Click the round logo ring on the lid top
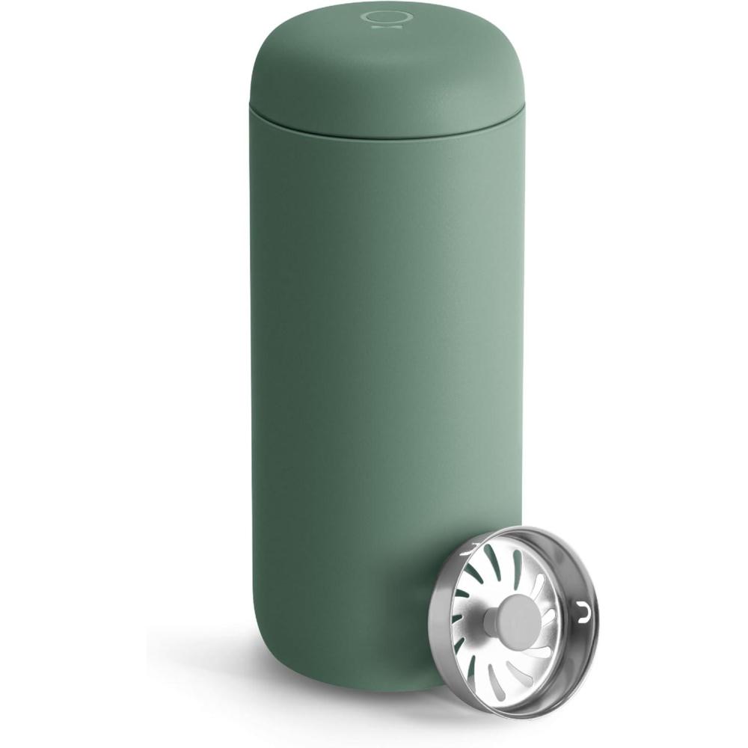tap(370, 16)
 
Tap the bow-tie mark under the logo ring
tap(370, 31)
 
